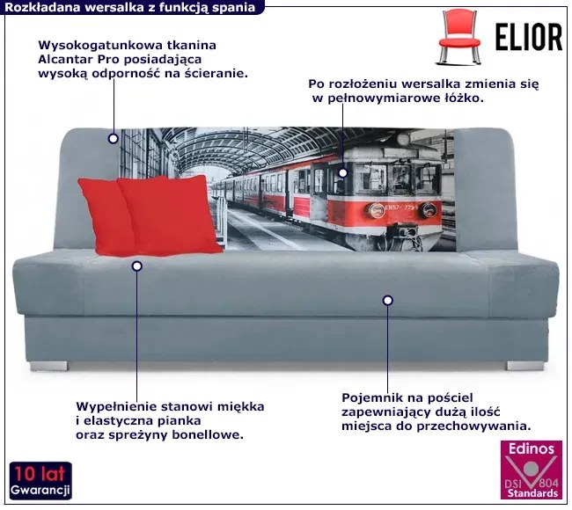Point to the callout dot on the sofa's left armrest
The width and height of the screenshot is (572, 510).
(113, 138)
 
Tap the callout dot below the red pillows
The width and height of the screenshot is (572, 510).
(136, 265)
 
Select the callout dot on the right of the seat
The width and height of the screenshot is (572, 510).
(387, 301)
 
